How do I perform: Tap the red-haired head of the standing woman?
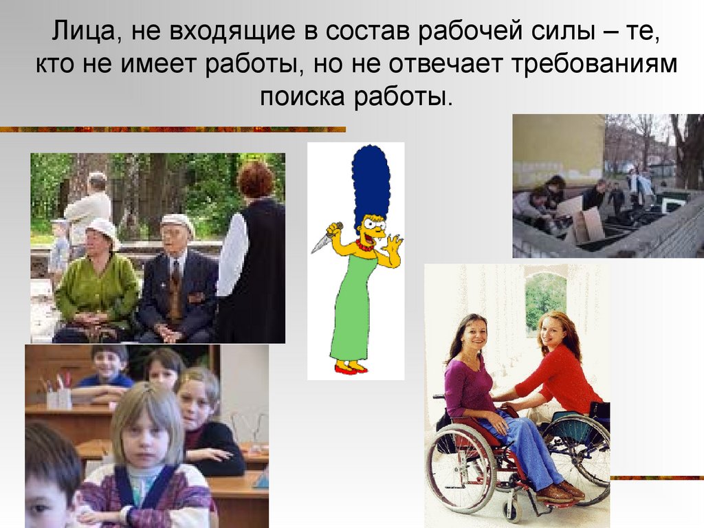[x=255, y=179]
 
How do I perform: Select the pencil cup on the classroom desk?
[x=58, y=395]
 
